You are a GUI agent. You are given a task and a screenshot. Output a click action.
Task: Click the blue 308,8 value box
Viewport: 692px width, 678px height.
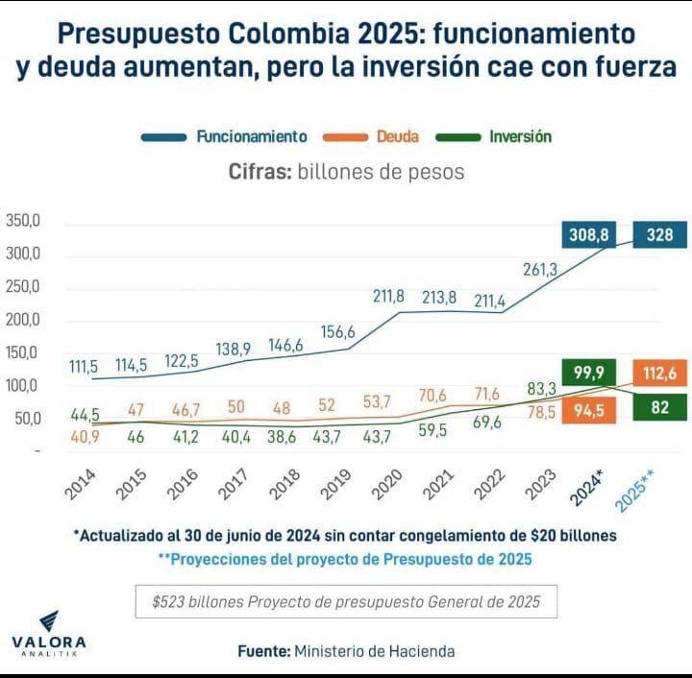(589, 233)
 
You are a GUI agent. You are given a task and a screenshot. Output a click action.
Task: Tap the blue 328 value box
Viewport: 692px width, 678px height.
(659, 233)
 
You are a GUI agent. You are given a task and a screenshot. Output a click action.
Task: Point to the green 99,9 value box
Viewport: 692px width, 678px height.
(589, 373)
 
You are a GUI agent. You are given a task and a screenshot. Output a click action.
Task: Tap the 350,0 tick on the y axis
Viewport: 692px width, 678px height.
(23, 221)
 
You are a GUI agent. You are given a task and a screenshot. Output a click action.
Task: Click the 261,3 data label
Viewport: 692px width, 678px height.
(540, 270)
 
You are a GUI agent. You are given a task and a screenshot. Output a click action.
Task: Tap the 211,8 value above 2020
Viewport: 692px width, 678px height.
(389, 296)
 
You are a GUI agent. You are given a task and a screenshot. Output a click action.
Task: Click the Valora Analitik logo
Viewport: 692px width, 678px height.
(48, 633)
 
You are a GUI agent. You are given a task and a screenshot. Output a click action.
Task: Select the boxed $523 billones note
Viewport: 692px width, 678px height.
(346, 602)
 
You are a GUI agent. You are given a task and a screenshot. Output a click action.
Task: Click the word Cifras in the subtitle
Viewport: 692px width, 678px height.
(259, 173)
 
